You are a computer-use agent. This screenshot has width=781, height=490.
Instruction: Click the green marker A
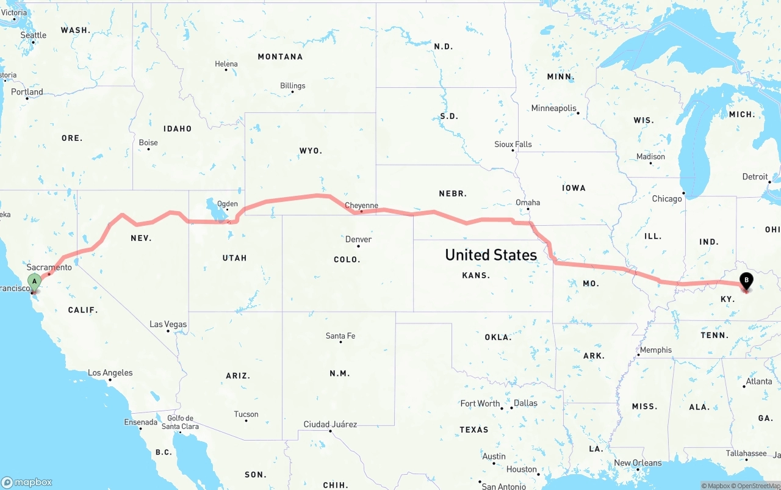click(x=35, y=282)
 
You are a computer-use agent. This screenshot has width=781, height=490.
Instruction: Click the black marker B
click(x=746, y=281)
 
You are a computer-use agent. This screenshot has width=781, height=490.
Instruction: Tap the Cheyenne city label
click(x=361, y=206)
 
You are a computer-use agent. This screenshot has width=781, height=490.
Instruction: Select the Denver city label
click(x=358, y=239)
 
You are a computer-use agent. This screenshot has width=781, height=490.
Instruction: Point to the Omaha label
click(x=528, y=203)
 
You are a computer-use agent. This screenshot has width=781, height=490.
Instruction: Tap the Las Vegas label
click(x=168, y=324)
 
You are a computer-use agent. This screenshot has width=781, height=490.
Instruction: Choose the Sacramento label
click(x=49, y=267)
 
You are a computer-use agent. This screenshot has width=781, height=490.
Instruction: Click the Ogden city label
click(x=228, y=204)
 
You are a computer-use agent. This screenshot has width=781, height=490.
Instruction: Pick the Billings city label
click(x=293, y=86)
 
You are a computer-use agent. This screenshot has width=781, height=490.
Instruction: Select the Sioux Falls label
click(x=513, y=145)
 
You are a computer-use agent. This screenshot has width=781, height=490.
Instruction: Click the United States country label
click(x=491, y=254)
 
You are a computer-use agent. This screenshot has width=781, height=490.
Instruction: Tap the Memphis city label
click(x=656, y=350)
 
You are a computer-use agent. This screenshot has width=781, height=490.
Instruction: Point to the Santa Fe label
click(x=340, y=336)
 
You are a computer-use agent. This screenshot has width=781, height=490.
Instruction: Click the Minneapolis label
click(x=553, y=108)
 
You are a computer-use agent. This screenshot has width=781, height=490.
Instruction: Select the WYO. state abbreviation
click(x=311, y=151)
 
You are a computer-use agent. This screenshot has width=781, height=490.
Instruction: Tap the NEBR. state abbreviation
click(x=453, y=193)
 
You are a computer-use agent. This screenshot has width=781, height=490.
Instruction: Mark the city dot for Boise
click(x=148, y=150)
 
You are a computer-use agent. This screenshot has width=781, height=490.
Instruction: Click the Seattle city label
click(x=34, y=35)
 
